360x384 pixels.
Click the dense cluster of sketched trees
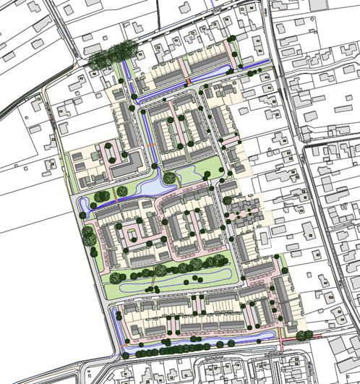113,55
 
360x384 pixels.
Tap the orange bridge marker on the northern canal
188,80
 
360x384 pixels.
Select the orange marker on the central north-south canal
151,146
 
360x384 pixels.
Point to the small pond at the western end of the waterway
85,206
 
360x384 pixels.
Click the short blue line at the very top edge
211,3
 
